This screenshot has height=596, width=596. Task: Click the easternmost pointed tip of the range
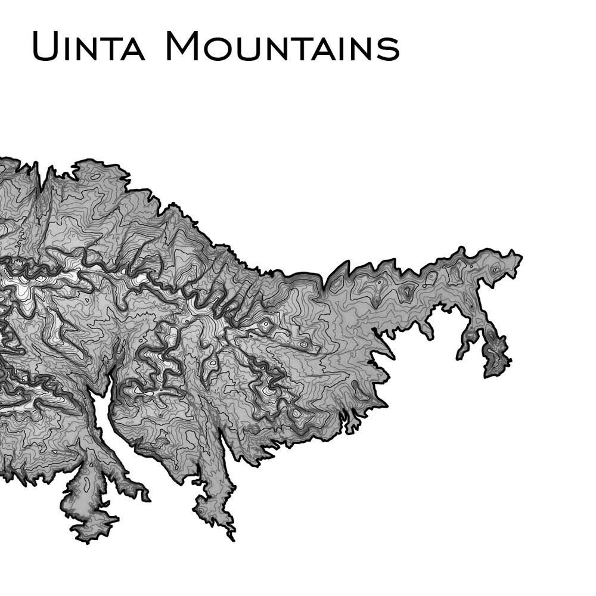[x=521, y=257]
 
